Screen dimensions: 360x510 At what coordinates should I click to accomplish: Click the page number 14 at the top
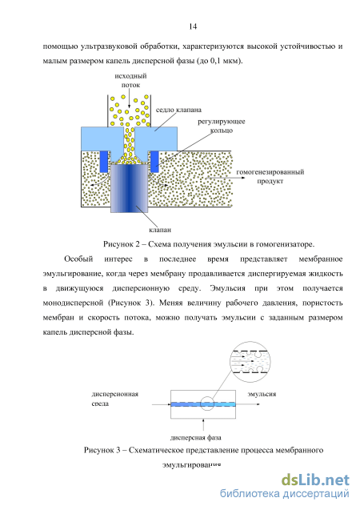coord(193,26)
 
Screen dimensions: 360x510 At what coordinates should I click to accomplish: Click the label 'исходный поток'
coord(130,80)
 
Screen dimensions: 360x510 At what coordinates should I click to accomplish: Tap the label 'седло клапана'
coord(178,110)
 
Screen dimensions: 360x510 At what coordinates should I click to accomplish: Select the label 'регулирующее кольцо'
coord(222,126)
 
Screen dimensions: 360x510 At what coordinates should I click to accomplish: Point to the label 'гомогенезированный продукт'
coord(270,176)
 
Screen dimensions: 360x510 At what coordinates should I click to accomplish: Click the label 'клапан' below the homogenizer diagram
coord(160,230)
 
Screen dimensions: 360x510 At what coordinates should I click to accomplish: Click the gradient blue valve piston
coord(130,188)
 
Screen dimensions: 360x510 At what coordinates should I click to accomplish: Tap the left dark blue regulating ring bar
coord(104,162)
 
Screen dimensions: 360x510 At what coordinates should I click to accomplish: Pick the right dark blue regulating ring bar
coord(154,162)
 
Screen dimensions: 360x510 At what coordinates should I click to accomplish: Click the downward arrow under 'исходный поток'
coord(130,99)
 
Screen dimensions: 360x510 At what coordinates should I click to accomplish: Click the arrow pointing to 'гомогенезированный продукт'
coord(219,178)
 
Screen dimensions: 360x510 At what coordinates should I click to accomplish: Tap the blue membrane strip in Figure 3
coord(203,404)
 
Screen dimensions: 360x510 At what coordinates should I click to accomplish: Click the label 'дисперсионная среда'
coord(115,399)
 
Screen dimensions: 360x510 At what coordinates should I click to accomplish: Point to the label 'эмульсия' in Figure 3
coord(262,394)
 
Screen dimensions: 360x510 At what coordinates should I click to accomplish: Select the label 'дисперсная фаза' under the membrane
coord(195,438)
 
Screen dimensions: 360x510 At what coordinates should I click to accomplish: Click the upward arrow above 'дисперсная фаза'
coord(203,425)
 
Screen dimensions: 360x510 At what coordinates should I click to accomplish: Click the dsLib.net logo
coord(315,480)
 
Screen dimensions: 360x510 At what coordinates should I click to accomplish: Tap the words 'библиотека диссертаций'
coord(285,494)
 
